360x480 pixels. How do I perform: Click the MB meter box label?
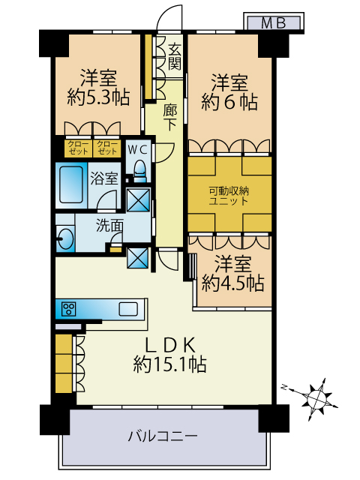click(x=273, y=23)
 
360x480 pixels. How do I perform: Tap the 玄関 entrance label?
click(x=175, y=57)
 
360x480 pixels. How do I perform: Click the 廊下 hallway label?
click(x=169, y=117)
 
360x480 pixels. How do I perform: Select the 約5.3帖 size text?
click(x=98, y=97)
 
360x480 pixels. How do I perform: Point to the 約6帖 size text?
click(x=229, y=102)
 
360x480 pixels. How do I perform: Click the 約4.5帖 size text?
click(x=232, y=283)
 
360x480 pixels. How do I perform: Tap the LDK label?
click(x=170, y=346)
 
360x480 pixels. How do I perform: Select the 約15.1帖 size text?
click(x=169, y=364)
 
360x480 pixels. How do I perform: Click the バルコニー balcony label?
click(x=163, y=436)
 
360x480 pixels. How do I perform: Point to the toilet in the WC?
click(x=140, y=171)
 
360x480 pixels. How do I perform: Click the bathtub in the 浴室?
click(x=71, y=184)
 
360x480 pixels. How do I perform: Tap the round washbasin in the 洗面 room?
click(x=65, y=238)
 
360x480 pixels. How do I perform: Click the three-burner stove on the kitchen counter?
click(x=68, y=309)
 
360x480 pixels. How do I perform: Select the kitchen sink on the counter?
click(x=128, y=309)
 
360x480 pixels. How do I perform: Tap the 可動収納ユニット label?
click(x=229, y=196)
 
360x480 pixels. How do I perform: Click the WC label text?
click(x=137, y=150)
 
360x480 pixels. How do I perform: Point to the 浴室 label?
click(x=104, y=178)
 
